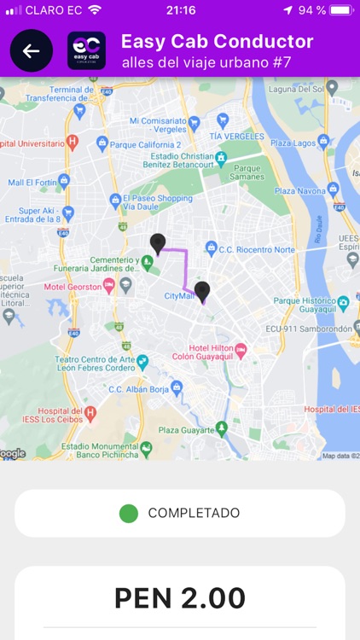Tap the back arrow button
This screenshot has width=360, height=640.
pyautogui.click(x=32, y=51)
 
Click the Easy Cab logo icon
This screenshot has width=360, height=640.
pyautogui.click(x=86, y=51)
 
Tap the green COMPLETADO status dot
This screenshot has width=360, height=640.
pyautogui.click(x=129, y=513)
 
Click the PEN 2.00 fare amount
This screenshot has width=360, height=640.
pyautogui.click(x=180, y=598)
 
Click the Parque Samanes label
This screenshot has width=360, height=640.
pyautogui.click(x=248, y=173)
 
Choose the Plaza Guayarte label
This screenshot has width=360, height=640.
pyautogui.click(x=189, y=429)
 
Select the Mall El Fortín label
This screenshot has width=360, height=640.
pyautogui.click(x=32, y=182)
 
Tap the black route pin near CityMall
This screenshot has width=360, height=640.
pyautogui.click(x=202, y=292)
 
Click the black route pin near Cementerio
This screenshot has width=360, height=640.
pyautogui.click(x=158, y=243)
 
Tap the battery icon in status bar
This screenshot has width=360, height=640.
pyautogui.click(x=340, y=10)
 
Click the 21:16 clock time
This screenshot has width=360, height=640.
pyautogui.click(x=180, y=10)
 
